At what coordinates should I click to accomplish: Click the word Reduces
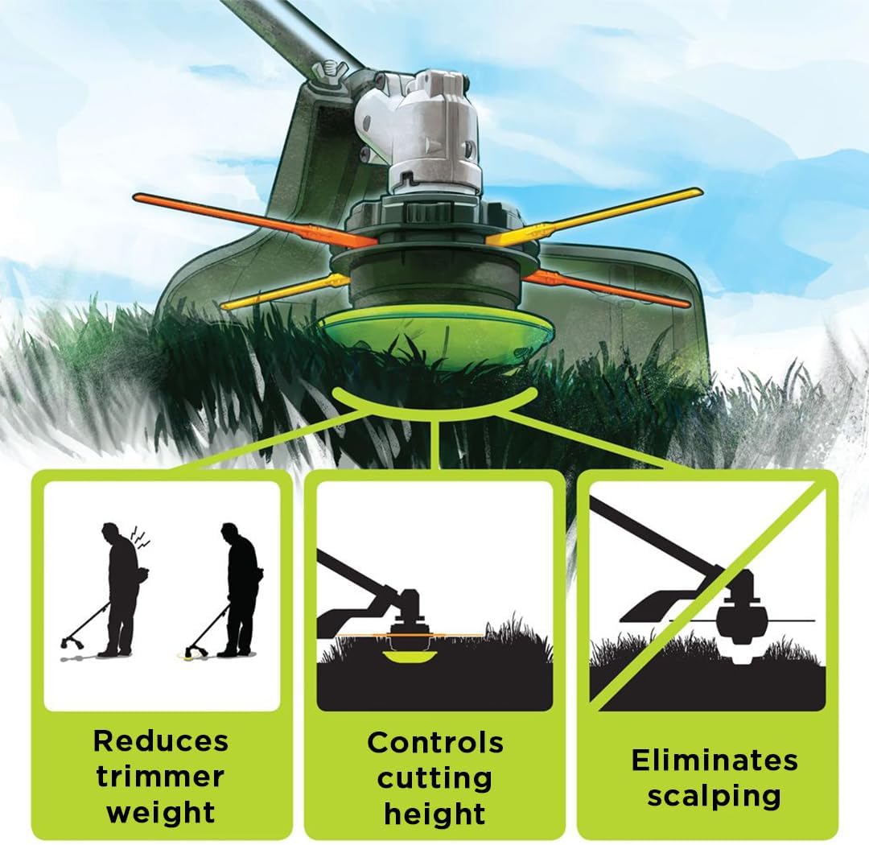[x=161, y=740]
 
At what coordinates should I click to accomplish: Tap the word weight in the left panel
[x=161, y=811]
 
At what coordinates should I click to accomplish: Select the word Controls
[x=435, y=742]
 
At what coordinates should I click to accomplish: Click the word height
[x=435, y=813]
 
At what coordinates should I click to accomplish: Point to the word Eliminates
[x=714, y=760]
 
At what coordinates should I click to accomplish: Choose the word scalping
[x=714, y=796]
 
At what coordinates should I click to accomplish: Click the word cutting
[x=435, y=777]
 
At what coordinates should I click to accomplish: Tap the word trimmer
[x=161, y=776]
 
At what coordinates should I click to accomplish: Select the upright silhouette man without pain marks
[x=240, y=587]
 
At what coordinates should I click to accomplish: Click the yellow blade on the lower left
[x=282, y=291]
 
